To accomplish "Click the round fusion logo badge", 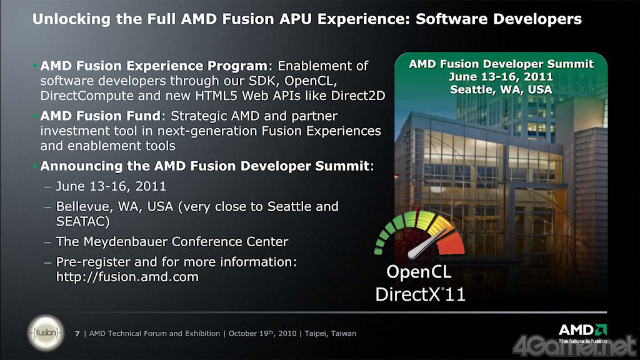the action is coord(46,332).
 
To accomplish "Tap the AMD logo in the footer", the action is coord(582,332).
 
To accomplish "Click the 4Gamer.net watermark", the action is coord(574,346).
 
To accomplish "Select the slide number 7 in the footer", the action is coord(77,334).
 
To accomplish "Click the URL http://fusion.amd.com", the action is coord(127,277).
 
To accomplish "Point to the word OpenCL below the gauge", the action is coord(419,272).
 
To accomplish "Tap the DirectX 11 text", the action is coord(421,294).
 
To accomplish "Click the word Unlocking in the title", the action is coord(71,19).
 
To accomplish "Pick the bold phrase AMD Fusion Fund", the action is coord(100,116).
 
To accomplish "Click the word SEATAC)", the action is coord(83,222).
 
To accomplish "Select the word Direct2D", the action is coord(358,96).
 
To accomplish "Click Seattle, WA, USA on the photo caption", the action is coord(501,89).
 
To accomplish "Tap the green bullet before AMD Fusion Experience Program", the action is coord(35,65).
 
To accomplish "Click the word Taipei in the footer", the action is coord(316,334).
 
